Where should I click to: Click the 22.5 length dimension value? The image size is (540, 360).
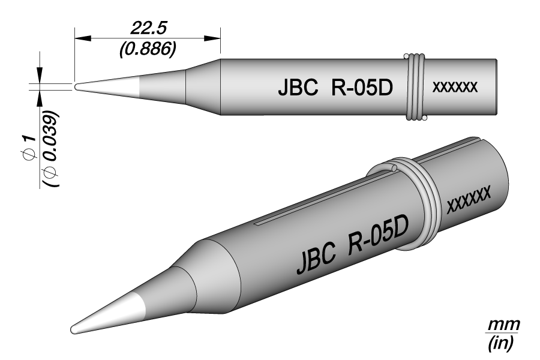[148, 28]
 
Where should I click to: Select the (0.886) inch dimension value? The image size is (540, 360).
[148, 49]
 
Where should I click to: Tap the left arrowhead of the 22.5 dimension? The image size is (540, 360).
[83, 38]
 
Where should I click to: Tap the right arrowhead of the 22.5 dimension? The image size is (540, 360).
[212, 38]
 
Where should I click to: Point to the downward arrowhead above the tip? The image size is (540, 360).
[40, 75]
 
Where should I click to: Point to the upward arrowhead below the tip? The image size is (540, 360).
[40, 99]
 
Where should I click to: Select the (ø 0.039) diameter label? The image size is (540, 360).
[52, 149]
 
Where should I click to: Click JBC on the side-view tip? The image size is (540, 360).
[298, 88]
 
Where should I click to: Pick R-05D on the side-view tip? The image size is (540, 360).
[362, 88]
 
